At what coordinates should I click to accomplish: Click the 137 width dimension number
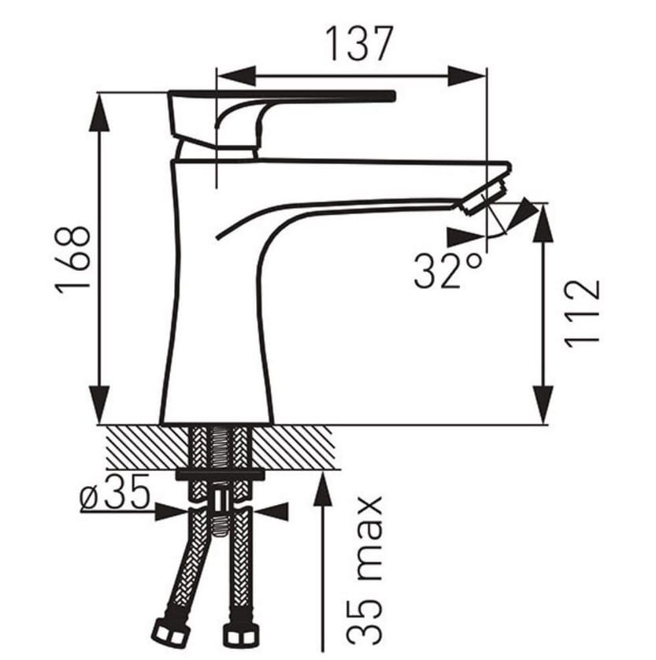point(359,43)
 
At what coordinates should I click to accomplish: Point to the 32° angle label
point(448,271)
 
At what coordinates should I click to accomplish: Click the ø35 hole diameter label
point(114,491)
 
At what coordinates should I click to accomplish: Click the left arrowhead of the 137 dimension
point(235,76)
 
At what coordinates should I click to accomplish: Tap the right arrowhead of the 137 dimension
point(467,76)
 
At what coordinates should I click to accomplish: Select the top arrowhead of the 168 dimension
point(99,112)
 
